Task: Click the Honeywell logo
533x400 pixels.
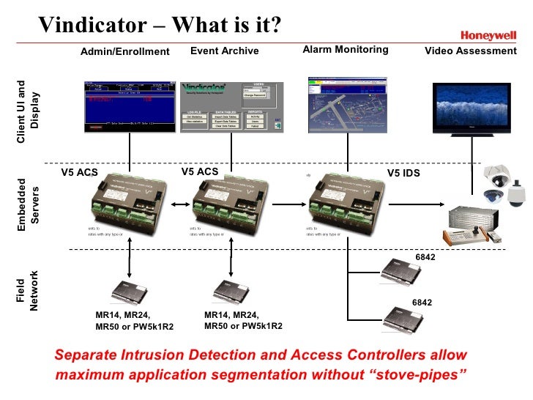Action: [x=487, y=34]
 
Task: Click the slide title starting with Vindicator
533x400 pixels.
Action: [x=160, y=25]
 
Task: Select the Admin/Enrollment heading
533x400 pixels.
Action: [x=124, y=51]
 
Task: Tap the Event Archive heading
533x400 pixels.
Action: [x=224, y=51]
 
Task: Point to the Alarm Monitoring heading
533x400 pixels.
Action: [x=345, y=50]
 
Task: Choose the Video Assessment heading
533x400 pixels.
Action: [x=471, y=51]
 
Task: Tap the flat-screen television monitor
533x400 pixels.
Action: [x=471, y=110]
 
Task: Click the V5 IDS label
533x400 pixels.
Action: [x=403, y=173]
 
